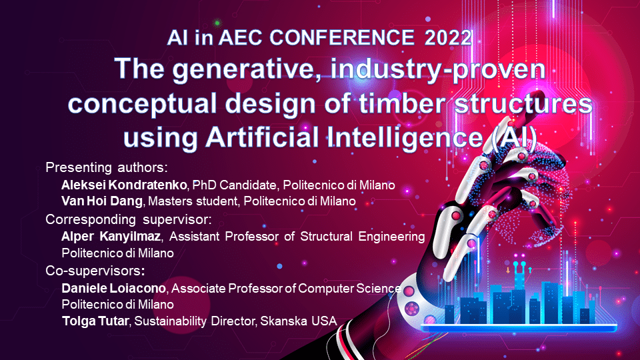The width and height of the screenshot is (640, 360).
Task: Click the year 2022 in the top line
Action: [448, 38]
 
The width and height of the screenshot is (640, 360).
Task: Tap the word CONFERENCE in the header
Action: [342, 38]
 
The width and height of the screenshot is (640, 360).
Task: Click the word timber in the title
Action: [402, 104]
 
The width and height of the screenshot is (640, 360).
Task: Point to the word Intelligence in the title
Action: [405, 137]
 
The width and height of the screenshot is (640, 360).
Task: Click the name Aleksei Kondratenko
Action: [124, 185]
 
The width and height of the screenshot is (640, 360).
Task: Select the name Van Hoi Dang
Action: [102, 201]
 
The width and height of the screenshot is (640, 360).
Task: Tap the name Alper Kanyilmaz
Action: [111, 237]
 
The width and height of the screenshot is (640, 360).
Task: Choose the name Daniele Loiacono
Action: [114, 289]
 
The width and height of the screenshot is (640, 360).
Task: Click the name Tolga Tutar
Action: [95, 321]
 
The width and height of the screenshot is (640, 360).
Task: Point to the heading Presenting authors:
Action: [107, 168]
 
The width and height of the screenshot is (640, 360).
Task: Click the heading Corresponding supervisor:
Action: [129, 219]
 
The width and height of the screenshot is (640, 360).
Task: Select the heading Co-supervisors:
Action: [95, 271]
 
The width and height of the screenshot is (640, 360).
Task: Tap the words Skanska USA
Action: [299, 321]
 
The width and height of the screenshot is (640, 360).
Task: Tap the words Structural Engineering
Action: [363, 237]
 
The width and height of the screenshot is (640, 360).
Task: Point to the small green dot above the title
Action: [217, 23]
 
